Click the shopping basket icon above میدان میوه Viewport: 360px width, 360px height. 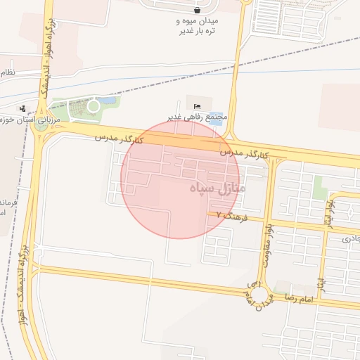coord(196,10)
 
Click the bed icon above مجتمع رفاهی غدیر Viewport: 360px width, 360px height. coord(196,105)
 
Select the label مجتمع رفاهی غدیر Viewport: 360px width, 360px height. coord(198,116)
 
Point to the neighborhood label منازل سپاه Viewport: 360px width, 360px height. coord(218,188)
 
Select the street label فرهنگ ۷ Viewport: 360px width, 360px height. coord(233,216)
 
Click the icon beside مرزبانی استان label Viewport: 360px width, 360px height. coord(23,108)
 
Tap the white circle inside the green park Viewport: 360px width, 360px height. coord(93,106)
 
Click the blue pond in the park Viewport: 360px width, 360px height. coord(108,101)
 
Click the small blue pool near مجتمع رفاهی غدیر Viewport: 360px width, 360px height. coord(215,122)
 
